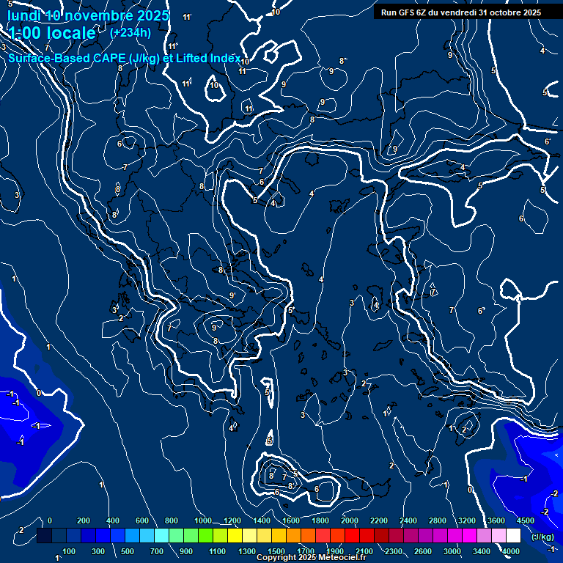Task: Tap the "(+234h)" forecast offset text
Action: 130,32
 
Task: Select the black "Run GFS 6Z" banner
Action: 461,12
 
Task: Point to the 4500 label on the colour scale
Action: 525,520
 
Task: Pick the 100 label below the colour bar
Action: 69,551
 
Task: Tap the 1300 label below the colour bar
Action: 247,551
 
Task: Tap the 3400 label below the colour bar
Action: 482,551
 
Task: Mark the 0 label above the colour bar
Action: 50,520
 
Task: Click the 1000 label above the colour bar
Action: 202,520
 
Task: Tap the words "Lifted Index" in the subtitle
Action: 208,58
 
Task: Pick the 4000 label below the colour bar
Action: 511,551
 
